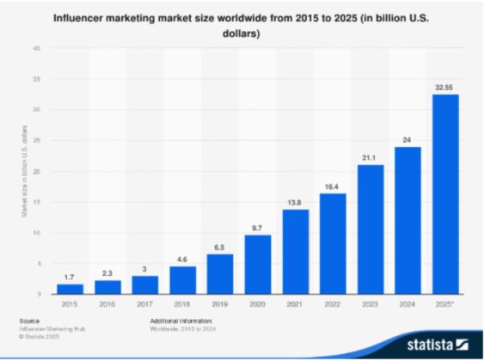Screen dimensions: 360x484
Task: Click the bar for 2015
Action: [x=69, y=289]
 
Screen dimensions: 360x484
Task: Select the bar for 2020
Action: [x=257, y=265]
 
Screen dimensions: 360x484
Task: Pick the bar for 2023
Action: [x=370, y=229]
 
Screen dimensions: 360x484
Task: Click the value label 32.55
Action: [x=444, y=86]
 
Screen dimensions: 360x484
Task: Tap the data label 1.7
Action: [x=69, y=276]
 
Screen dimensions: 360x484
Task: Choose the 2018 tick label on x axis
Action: [x=181, y=304]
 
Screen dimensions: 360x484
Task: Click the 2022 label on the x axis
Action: [x=332, y=304]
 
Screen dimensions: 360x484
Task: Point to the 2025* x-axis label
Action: [x=444, y=304]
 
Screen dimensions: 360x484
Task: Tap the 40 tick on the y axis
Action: [x=37, y=48]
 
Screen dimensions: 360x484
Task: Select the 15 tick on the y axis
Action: [x=37, y=202]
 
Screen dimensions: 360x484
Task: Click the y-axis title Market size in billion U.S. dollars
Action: [x=25, y=171]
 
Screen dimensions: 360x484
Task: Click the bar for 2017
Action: [x=144, y=284]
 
